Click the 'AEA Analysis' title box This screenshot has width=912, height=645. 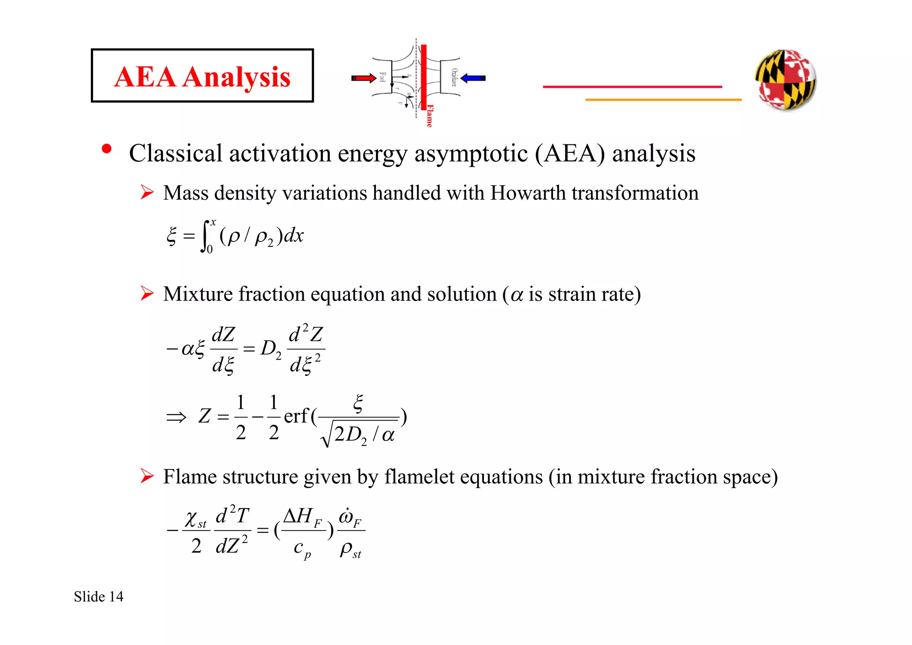[202, 76]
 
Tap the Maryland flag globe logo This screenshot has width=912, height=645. [786, 79]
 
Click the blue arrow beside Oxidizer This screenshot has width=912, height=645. [473, 78]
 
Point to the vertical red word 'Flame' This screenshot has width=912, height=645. [429, 116]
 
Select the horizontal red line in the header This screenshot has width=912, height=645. [632, 86]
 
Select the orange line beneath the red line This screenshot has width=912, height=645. [664, 100]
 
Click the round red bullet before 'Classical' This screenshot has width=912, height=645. [106, 149]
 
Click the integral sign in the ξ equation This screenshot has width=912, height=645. [205, 236]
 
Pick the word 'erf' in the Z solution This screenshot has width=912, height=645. [296, 416]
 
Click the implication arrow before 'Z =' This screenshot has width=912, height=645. [176, 418]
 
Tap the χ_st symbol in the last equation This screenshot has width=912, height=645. [195, 519]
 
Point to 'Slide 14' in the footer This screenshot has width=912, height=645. [98, 596]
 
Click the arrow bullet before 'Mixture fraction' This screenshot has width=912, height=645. [147, 293]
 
